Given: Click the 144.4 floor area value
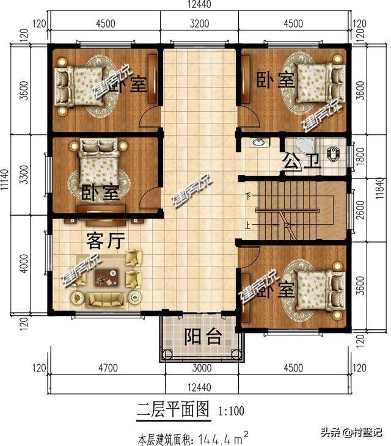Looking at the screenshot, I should point(206,437).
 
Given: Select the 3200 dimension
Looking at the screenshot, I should point(199,24).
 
